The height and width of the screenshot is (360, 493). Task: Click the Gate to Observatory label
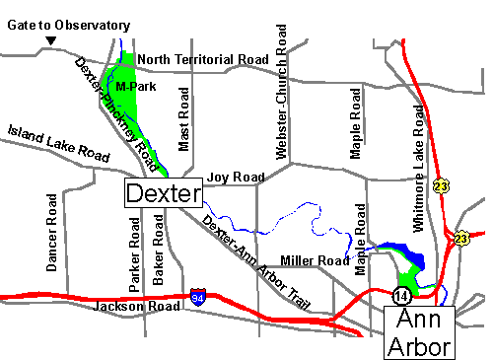[x=68, y=25]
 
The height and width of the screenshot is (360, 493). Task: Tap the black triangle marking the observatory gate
[x=51, y=40]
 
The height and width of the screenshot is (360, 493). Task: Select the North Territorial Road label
[x=202, y=59]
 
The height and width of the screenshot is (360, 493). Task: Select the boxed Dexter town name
[x=163, y=191]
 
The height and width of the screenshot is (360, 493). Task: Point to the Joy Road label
[x=236, y=178]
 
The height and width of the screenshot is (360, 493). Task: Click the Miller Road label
[x=315, y=260]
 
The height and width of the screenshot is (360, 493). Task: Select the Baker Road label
[x=157, y=254]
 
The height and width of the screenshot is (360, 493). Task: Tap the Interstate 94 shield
[x=200, y=296]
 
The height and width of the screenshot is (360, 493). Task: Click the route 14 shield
[x=400, y=294]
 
